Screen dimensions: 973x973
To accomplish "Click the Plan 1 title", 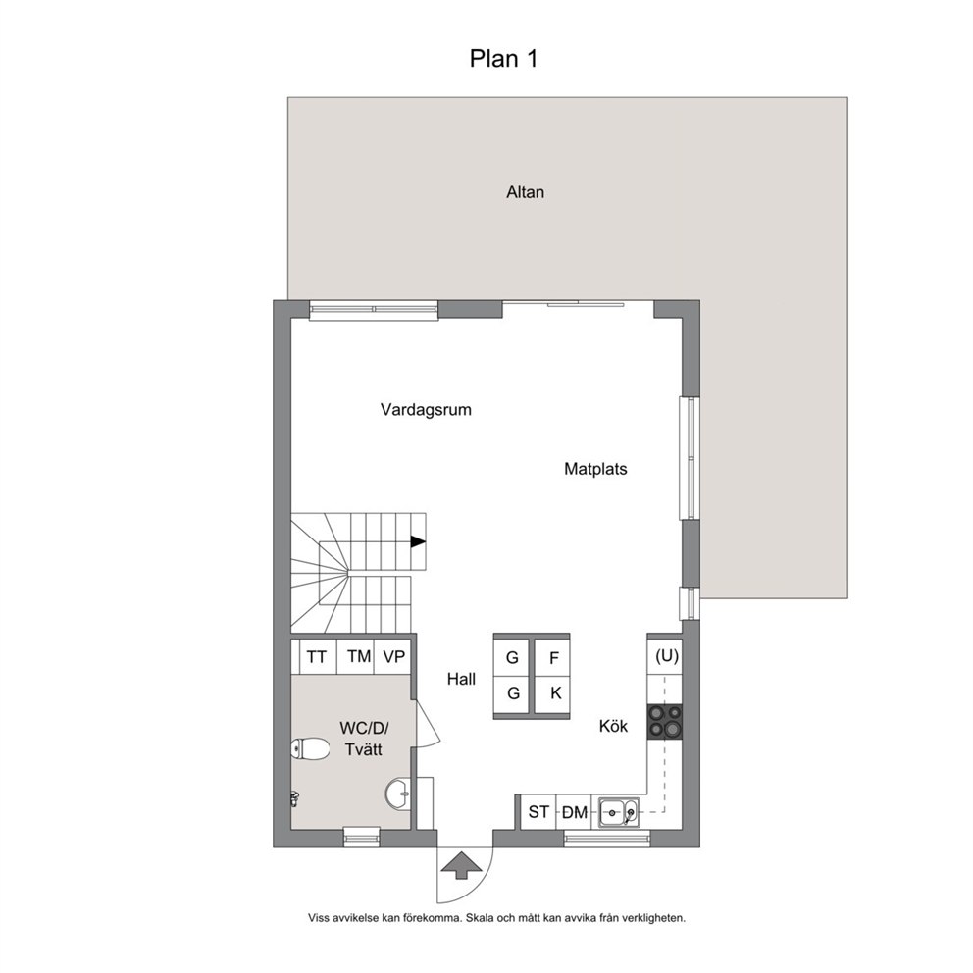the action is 503,58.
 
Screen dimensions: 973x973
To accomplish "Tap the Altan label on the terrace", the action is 525,192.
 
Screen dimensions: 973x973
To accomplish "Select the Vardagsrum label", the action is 426,410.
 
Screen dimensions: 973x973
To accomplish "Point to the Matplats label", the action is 595,469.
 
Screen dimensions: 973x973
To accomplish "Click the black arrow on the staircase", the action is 418,541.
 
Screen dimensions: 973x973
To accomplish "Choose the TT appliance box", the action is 318,656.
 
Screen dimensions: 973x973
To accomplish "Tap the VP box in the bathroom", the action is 393,656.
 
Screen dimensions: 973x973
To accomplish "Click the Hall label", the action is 461,679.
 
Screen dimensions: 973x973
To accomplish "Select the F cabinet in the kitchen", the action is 552,657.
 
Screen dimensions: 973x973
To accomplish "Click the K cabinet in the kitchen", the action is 552,694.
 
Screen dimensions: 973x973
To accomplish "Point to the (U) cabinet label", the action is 667,656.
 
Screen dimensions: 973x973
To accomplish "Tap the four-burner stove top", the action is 665,721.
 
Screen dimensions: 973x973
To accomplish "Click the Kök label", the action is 613,726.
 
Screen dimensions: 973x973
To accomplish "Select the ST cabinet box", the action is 538,812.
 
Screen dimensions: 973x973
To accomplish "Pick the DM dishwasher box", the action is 574,812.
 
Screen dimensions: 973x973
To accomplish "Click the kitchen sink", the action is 619,812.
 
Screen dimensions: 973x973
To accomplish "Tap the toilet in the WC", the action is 310,749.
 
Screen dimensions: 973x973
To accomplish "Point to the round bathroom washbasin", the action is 397,794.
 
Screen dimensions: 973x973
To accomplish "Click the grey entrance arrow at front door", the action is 460,866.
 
